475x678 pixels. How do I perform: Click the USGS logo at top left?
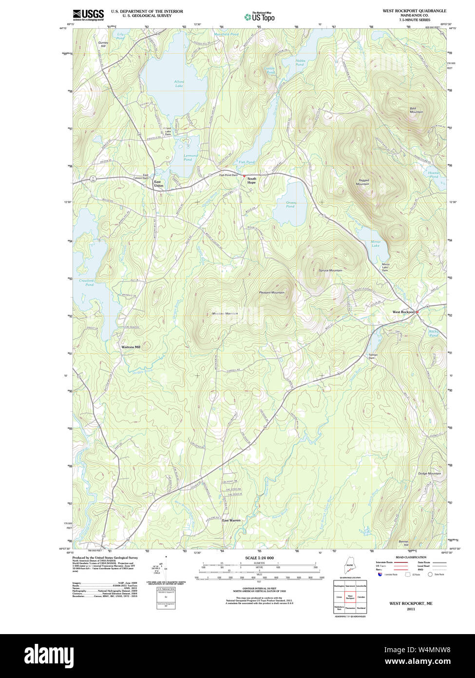point(88,15)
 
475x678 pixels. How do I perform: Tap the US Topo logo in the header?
point(259,17)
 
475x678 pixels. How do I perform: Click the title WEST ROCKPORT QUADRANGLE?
point(414,11)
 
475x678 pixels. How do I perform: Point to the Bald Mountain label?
point(416,110)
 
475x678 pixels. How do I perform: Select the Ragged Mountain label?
point(362,182)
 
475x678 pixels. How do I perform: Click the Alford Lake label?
point(179,83)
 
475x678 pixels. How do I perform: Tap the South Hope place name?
point(251,180)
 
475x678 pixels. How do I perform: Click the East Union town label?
point(159,184)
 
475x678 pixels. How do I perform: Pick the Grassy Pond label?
point(291,204)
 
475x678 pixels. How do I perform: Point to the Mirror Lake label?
point(375,244)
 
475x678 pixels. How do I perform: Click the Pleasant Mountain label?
point(271,293)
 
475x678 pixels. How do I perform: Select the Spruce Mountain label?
point(330,270)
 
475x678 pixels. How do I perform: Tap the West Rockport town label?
point(403,312)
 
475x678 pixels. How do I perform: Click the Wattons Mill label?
point(131,347)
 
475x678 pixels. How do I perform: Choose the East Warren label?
point(231,520)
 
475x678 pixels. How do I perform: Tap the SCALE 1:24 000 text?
point(259,558)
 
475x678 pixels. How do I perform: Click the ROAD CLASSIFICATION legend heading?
point(411,558)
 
